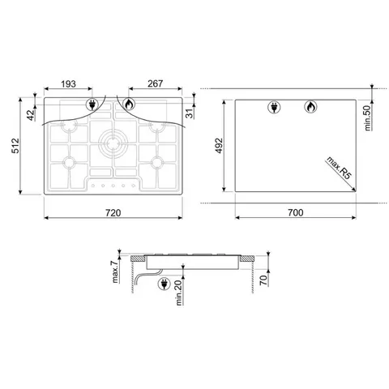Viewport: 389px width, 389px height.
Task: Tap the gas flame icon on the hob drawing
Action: click(130, 104)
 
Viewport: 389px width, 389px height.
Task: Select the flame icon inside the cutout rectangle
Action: click(310, 107)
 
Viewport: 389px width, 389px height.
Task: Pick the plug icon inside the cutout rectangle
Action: click(273, 107)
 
